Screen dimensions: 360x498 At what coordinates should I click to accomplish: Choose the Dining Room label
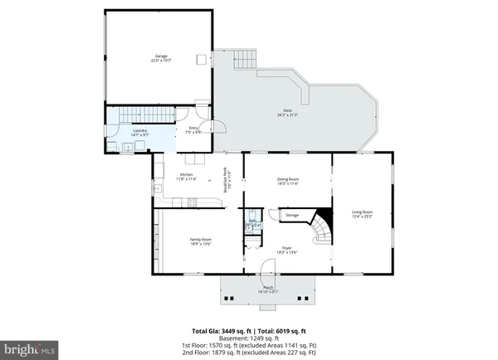click(287, 181)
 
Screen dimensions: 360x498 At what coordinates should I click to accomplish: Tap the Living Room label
click(361, 214)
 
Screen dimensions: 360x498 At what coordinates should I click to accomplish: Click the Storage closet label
click(291, 216)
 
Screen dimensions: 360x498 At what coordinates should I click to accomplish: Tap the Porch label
click(269, 290)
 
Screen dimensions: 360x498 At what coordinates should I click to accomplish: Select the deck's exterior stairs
click(246, 61)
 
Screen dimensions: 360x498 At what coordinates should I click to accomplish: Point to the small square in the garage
click(201, 58)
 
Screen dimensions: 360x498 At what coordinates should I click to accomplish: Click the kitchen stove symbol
click(193, 202)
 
